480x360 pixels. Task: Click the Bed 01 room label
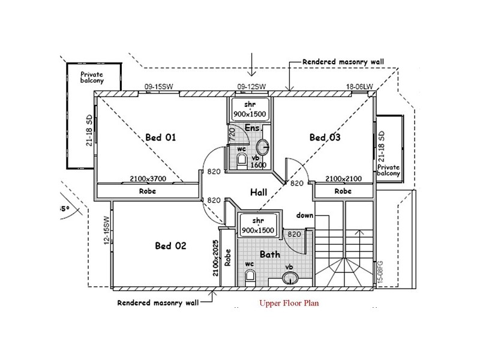[x=160, y=137]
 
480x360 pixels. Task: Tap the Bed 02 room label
[x=171, y=245]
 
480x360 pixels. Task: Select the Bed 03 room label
[x=325, y=137]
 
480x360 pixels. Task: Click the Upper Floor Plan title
[x=289, y=303]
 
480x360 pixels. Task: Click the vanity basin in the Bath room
[x=290, y=278]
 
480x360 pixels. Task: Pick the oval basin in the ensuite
[x=262, y=146]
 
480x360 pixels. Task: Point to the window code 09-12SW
[x=252, y=87]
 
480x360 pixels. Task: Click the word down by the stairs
[x=305, y=214]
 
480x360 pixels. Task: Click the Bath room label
[x=270, y=254]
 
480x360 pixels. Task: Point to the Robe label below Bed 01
[x=148, y=191]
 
